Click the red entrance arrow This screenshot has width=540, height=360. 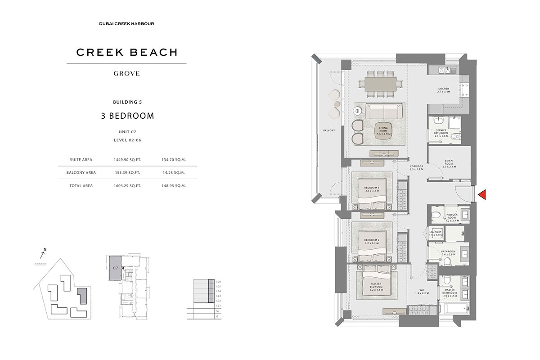[x=482, y=194]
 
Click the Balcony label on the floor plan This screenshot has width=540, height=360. [x=328, y=130]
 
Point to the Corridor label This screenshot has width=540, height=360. [x=417, y=168]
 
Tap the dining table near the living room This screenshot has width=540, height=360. [x=378, y=83]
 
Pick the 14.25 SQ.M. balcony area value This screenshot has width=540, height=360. [x=173, y=172]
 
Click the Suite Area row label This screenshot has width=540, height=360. [x=78, y=159]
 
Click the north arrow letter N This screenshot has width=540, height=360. [x=45, y=249]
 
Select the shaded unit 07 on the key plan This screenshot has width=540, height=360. [x=115, y=268]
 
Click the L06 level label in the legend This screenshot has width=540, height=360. [x=218, y=282]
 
